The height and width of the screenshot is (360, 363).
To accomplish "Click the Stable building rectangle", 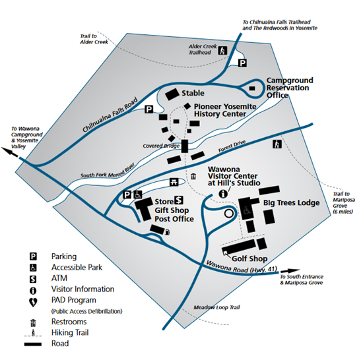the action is coord(172,94).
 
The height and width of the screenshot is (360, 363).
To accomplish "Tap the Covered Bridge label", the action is coord(161,146).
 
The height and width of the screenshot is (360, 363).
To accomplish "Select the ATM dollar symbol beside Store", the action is coord(178,200).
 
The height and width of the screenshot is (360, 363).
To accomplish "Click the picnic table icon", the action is coord(174,182).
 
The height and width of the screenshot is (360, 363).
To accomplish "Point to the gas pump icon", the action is coord(167,231).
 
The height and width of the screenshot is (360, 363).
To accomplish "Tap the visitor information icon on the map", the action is coord(223,194).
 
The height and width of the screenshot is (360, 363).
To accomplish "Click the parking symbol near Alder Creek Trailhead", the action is coord(242,63).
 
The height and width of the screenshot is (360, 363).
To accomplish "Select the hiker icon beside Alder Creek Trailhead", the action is coord(222,50).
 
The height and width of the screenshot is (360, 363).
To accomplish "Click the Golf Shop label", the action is coord(249,258).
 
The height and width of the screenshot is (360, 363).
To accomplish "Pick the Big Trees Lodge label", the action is coord(292,203).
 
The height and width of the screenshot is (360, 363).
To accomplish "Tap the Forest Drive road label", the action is coord(232,146).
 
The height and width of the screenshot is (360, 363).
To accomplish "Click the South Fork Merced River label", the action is coord(108,171).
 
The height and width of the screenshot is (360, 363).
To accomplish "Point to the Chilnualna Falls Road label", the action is coord(110,115).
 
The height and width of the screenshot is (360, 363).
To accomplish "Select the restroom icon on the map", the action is coord(193,177).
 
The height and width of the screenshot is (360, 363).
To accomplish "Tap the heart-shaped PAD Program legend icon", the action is coord(33,302).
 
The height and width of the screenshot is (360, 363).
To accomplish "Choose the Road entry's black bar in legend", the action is coord(33,344).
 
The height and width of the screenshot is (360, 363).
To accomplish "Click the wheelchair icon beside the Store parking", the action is coord(138,195).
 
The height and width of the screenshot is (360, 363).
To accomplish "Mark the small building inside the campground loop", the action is coord(252,88).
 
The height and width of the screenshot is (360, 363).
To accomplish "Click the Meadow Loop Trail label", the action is coord(216,307).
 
